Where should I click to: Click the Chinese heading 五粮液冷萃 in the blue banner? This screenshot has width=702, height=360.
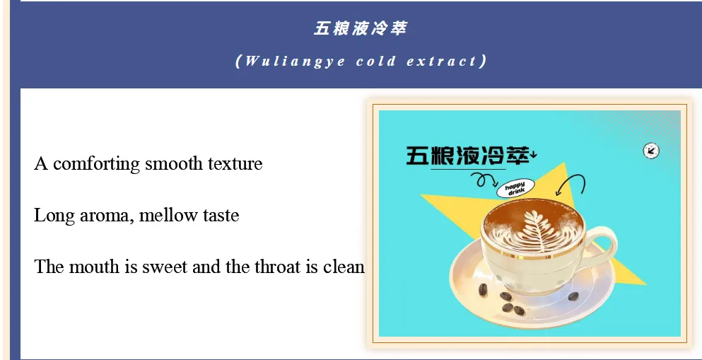[361, 29]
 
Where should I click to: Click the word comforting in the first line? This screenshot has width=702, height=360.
[96, 164]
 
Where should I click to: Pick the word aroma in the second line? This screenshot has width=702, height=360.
[107, 216]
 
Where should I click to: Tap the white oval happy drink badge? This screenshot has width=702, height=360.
[515, 189]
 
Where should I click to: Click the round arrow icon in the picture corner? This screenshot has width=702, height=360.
[651, 151]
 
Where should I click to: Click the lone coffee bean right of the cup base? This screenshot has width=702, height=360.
[573, 296]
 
